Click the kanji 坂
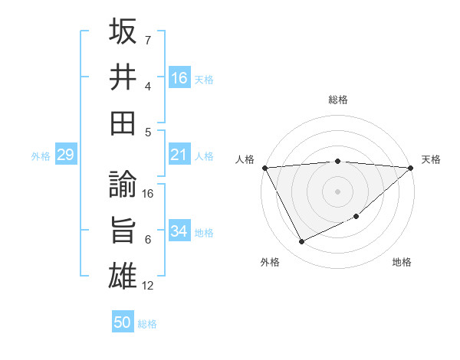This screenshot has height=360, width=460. (x=123, y=32)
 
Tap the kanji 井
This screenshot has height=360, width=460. (x=123, y=77)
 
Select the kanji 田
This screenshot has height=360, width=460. (x=123, y=122)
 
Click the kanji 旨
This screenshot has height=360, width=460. (x=123, y=231)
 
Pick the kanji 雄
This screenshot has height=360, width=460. (x=123, y=276)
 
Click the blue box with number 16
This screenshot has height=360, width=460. (x=179, y=78)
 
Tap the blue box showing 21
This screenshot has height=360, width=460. (x=179, y=155)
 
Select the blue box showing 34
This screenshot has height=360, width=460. (x=179, y=231)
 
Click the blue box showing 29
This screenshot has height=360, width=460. (x=65, y=155)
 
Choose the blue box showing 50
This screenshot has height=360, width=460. (x=123, y=322)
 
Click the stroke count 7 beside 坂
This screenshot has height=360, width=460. (x=148, y=40)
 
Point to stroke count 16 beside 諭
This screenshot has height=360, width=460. (x=148, y=194)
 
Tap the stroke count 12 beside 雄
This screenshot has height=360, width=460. (x=148, y=286)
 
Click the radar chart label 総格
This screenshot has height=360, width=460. (x=338, y=100)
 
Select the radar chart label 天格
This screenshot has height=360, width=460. (x=431, y=159)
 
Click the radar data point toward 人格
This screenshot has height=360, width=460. (x=264, y=168)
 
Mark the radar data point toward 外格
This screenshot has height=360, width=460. (x=301, y=242)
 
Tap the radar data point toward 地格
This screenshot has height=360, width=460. (x=357, y=217)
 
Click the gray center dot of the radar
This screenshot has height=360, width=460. (x=337, y=191)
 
